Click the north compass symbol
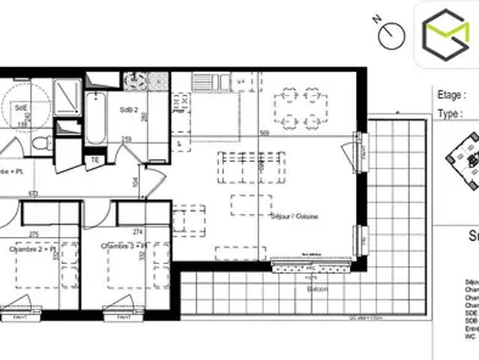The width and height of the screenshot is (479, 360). click(x=391, y=33)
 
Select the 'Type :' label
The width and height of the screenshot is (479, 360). click(x=450, y=113)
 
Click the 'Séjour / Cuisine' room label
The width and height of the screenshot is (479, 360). click(x=295, y=216)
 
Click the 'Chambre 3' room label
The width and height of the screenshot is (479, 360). click(x=125, y=248)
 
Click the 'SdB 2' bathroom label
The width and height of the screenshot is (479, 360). click(x=128, y=109)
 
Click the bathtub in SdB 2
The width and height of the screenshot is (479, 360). click(x=96, y=118)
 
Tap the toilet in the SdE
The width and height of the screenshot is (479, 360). click(x=41, y=142)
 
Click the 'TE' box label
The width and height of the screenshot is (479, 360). click(x=95, y=159)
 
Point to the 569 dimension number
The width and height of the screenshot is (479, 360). click(x=264, y=133)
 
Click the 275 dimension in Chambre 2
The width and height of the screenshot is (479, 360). click(x=34, y=234)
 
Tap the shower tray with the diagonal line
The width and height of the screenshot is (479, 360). click(x=68, y=97)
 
